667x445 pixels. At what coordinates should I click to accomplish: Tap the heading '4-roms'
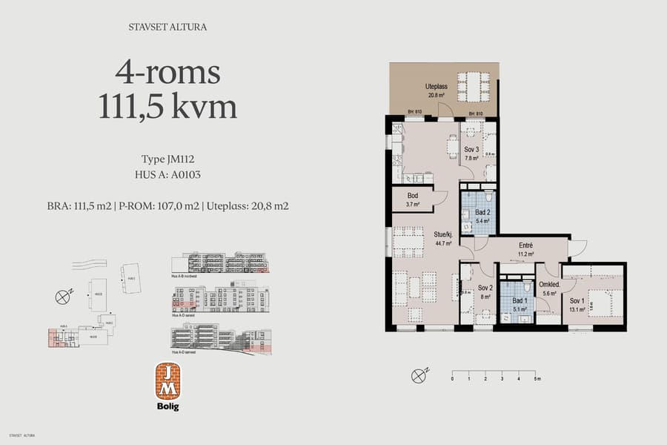167,73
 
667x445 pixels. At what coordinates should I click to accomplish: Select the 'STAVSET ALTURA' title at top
167,27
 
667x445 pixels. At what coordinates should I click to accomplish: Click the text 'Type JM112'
167,159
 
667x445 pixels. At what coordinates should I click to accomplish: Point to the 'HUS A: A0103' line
167,175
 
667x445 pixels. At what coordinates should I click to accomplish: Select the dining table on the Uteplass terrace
474,87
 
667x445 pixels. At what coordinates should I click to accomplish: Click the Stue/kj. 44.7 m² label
444,238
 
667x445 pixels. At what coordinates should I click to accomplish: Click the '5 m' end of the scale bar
537,378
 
